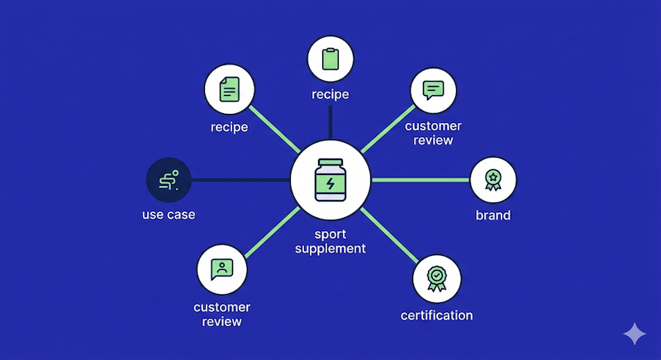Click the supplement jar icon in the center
[330, 179]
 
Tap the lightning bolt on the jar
[330, 183]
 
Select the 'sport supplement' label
[330, 241]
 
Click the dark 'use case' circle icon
[169, 179]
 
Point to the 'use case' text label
[169, 216]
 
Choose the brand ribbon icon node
[493, 179]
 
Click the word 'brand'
[493, 216]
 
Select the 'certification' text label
[436, 315]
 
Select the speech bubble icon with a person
[221, 269]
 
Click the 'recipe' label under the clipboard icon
[330, 94]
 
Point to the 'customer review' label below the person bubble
[221, 314]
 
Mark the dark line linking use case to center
[240, 179]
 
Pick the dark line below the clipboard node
[330, 124]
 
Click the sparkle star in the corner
[635, 334]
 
